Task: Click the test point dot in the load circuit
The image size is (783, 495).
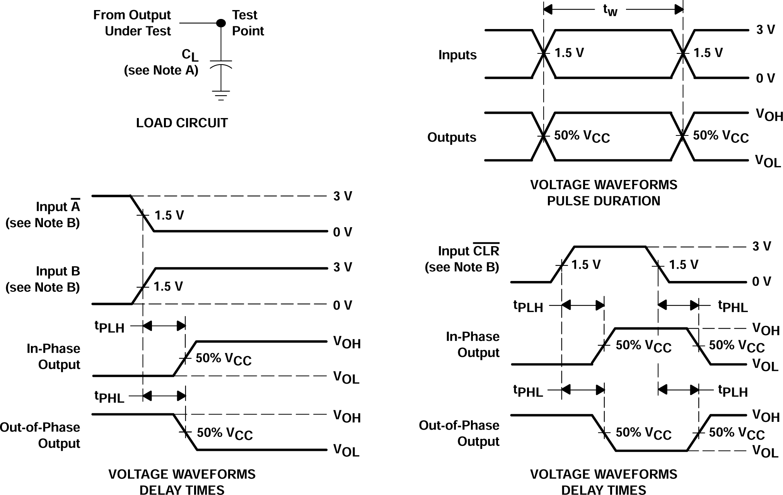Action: point(221,23)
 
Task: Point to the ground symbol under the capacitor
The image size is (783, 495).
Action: point(221,95)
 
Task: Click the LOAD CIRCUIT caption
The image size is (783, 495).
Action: point(182,123)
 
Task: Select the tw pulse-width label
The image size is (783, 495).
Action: point(610,10)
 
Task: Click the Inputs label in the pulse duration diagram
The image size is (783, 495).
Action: point(457,55)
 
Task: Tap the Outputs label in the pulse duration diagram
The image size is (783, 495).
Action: point(452,137)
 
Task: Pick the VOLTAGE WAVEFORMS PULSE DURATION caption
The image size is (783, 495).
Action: point(604,193)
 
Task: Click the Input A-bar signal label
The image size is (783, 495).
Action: point(58,207)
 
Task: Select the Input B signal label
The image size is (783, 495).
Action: point(58,271)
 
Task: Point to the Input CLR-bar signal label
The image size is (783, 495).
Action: point(469,251)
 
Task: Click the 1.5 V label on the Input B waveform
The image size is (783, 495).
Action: point(168,286)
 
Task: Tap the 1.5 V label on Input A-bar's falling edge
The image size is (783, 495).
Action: point(169,215)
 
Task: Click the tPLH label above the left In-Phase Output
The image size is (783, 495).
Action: point(109,327)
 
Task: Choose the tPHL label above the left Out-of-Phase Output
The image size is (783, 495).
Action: point(109,397)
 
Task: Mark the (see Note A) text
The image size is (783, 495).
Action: point(161,70)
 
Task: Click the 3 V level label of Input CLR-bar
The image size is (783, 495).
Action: point(761,246)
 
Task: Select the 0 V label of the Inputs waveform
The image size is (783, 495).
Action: point(765,79)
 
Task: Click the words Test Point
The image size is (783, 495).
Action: point(247,23)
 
